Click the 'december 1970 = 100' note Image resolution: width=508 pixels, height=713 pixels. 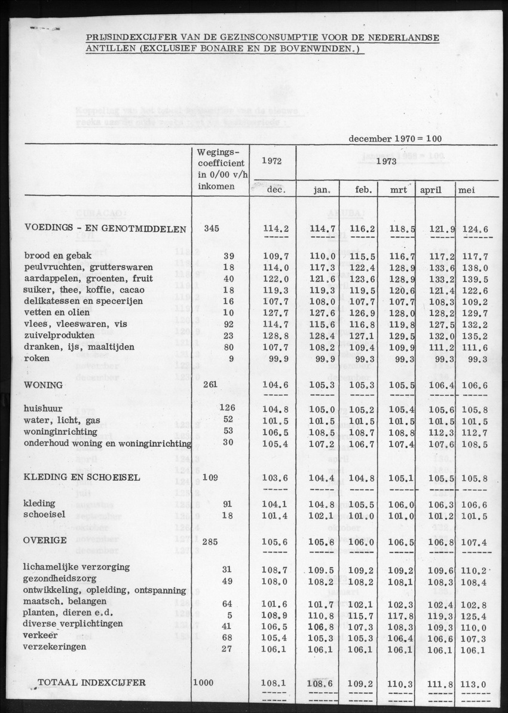coord(395,138)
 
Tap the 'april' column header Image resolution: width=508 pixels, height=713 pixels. coord(430,190)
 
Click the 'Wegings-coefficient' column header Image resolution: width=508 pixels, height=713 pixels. coord(220,169)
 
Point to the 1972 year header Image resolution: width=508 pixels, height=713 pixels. coord(272,161)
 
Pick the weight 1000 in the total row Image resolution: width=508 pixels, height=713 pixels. coord(204,682)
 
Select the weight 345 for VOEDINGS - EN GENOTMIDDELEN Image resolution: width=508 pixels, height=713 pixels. coord(212,228)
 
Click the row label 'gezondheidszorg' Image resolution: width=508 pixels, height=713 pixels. coord(61,578)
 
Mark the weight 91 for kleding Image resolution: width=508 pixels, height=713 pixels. coord(228,504)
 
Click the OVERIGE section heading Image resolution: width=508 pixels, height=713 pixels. coord(45,540)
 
